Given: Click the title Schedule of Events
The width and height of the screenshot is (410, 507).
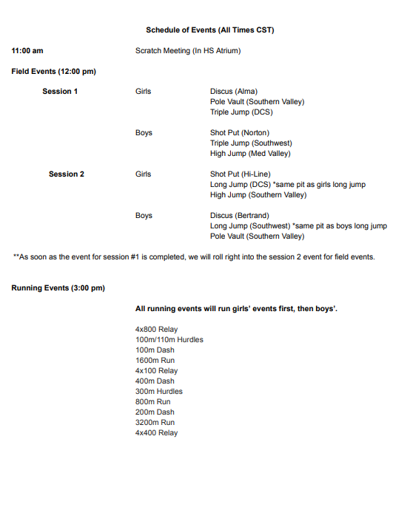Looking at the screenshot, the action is point(210,30).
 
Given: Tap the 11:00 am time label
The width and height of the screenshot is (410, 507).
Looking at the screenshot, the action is point(27,51).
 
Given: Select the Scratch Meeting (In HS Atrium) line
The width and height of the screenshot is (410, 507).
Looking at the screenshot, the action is point(188,51).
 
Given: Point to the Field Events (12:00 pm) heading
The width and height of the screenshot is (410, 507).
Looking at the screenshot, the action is point(54,72).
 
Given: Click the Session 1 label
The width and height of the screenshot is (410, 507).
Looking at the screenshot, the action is point(60,92).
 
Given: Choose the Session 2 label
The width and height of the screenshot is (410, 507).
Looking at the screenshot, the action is point(67,174).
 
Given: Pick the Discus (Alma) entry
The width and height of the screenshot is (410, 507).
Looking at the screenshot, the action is point(234,92).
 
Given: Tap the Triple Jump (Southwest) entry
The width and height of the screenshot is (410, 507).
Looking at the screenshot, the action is point(251,143).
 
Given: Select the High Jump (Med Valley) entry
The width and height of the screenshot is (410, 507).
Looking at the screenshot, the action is point(250,154).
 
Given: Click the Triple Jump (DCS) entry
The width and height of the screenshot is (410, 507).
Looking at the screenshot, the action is point(241,112).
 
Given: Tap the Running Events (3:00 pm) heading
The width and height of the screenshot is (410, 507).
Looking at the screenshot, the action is point(58,287).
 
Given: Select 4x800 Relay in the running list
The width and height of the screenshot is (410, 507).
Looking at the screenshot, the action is point(156,329).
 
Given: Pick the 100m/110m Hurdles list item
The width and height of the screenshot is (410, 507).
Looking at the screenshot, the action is point(169,339).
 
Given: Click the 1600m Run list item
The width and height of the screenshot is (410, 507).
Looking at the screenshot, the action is point(155,360).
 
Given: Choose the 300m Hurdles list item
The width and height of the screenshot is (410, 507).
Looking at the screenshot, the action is point(159,391).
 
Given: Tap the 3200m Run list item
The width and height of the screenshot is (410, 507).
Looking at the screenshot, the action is point(155,422).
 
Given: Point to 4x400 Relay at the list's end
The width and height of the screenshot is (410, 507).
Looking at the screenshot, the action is point(156,432).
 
